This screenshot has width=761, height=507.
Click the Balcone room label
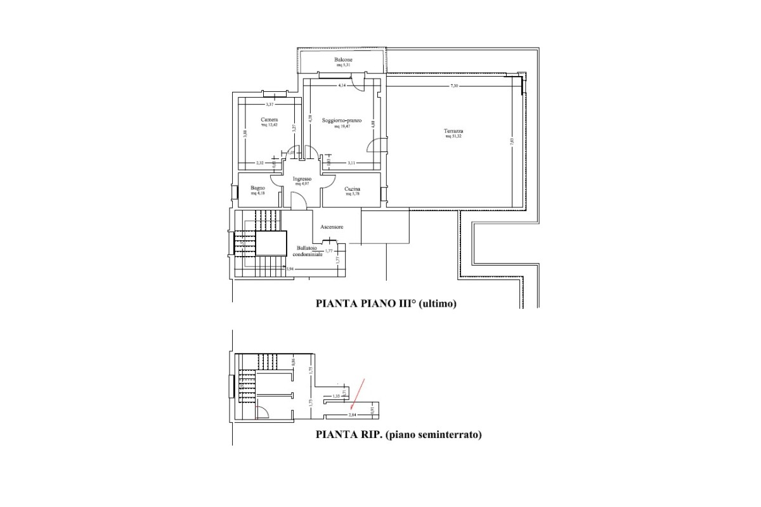point(343,60)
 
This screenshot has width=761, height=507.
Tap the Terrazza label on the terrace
point(454,132)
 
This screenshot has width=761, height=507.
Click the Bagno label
point(257,188)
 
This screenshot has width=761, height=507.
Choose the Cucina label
point(353,189)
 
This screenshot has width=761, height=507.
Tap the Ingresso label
point(301,179)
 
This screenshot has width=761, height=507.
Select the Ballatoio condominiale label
point(307,251)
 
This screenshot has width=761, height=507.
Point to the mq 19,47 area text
point(342,126)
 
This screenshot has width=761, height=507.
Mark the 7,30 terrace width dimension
point(453,86)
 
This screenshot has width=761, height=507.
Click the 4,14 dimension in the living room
point(342,85)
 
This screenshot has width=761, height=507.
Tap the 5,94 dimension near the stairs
point(290,269)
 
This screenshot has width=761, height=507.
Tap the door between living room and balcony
point(359,81)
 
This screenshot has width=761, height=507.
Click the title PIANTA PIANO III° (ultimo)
point(386,304)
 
